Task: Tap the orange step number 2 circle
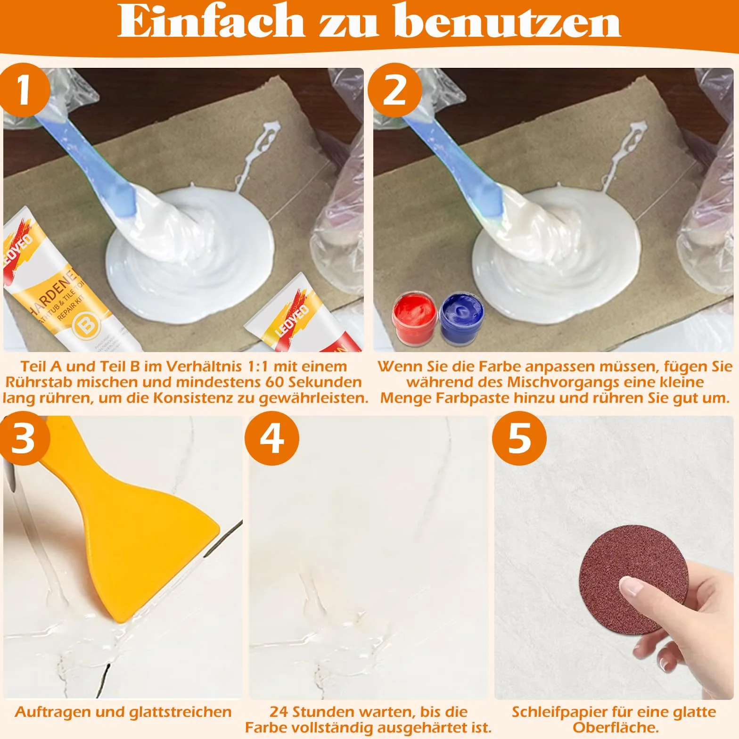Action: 394,90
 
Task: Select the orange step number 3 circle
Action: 24,438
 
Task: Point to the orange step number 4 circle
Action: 272,438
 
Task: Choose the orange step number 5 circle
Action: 519,438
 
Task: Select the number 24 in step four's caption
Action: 279,712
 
